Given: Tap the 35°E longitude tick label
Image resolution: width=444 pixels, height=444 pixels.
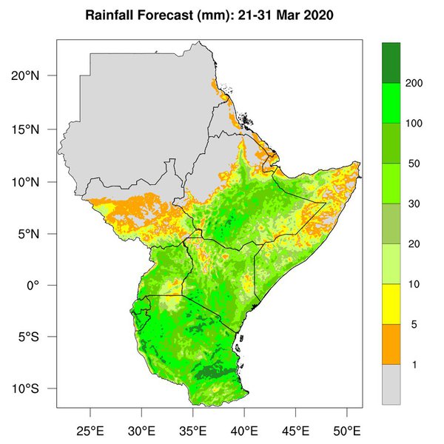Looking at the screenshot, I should tap(192, 431).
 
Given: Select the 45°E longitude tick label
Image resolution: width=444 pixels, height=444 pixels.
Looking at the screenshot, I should tap(295, 431).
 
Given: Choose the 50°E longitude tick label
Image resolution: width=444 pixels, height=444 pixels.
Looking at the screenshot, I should tap(346, 431).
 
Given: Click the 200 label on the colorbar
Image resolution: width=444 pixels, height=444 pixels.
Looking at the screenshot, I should tap(414, 84).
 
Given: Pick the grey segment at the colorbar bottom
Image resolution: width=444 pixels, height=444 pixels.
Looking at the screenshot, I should tap(391, 384).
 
